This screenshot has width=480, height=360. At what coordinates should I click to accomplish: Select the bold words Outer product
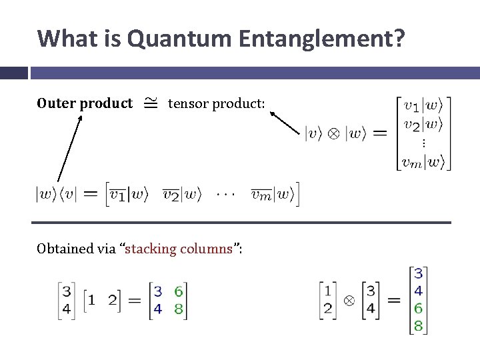click(x=85, y=103)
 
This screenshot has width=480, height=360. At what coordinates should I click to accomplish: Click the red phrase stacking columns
click(x=177, y=249)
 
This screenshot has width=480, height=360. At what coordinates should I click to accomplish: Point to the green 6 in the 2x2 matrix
click(x=178, y=291)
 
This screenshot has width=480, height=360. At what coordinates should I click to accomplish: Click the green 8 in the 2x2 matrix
click(x=178, y=309)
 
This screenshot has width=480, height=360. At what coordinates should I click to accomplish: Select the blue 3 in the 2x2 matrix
click(x=158, y=291)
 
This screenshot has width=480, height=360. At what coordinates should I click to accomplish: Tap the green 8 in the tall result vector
click(x=418, y=326)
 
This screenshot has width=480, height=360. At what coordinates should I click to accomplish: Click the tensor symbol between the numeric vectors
click(x=349, y=301)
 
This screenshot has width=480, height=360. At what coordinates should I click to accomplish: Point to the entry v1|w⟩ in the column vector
click(x=427, y=107)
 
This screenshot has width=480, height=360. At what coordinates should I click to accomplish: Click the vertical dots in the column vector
click(x=424, y=143)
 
